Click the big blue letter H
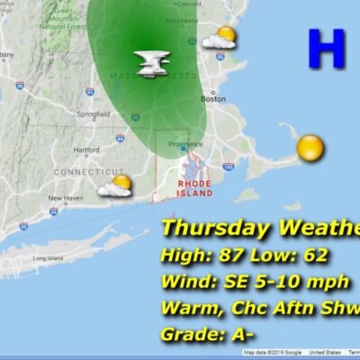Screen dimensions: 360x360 tap(325, 49)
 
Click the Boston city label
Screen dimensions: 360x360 tap(214, 99)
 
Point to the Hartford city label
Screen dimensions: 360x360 tap(86, 149)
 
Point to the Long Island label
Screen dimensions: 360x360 tap(46, 258)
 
